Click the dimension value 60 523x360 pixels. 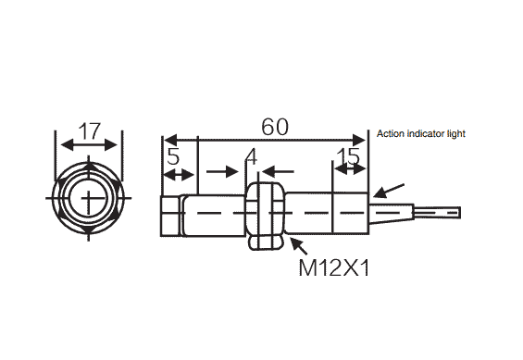[x=275, y=127]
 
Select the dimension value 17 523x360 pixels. [x=89, y=131]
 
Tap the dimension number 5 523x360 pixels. [x=173, y=156]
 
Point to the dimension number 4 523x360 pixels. [x=251, y=156]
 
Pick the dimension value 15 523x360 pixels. [x=348, y=156]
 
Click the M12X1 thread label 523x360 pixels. [x=334, y=267]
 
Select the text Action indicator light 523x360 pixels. [x=421, y=133]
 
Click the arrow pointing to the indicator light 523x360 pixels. [x=389, y=191]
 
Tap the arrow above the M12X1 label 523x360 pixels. [x=299, y=245]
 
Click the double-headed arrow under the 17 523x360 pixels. [x=89, y=145]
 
